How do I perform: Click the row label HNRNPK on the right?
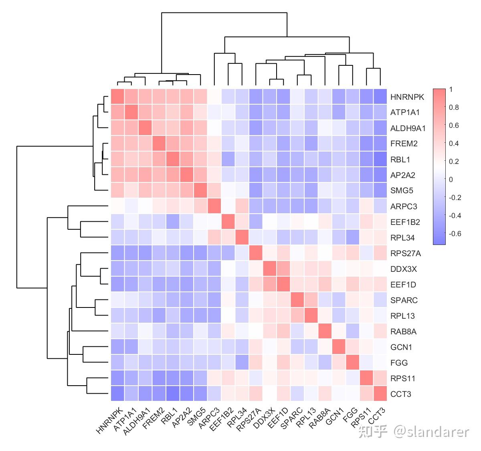coord(407,97)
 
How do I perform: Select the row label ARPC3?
coord(404,207)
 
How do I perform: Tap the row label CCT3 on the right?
coord(401,394)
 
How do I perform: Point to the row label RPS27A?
coord(406,254)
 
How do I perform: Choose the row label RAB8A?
coord(403,332)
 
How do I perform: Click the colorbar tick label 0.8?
coord(454,107)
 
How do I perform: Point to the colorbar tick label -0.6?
coord(455,234)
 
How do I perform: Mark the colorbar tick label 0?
coord(451,180)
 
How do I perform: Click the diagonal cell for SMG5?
coord(200,190)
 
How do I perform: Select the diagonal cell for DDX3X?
coord(270,269)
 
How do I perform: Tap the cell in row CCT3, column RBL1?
coord(173,394)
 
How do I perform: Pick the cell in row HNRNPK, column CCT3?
coord(380,97)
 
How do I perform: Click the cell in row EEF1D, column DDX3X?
coord(270,285)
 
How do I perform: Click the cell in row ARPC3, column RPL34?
coord(242,206)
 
